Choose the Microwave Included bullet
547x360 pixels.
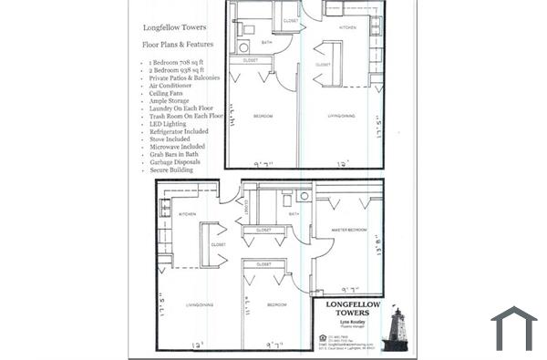(x=178, y=147)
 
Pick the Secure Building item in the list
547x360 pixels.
(x=171, y=170)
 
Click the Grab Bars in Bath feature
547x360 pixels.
(x=174, y=155)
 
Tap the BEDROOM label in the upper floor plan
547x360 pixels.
(x=263, y=116)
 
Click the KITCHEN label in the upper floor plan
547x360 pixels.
(x=348, y=28)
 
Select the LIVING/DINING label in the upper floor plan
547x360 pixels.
(x=342, y=116)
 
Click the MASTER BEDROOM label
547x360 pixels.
(x=347, y=230)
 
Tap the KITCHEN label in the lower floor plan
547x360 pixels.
(x=187, y=215)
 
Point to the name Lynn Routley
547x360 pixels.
(x=347, y=324)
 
